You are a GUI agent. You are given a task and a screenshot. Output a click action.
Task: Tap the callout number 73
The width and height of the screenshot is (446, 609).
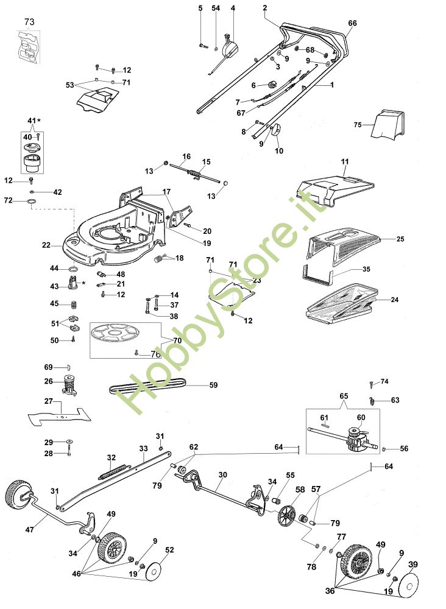click(x=29, y=22)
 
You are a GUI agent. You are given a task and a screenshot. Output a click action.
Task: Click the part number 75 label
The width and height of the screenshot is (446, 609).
click(x=358, y=125)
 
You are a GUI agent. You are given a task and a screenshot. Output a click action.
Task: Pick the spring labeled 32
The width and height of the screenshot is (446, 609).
click(x=111, y=471)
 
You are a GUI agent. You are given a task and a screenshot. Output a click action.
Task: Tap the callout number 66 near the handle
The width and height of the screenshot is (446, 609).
click(x=352, y=23)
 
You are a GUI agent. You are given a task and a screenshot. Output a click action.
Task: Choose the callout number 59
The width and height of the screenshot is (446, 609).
click(x=213, y=385)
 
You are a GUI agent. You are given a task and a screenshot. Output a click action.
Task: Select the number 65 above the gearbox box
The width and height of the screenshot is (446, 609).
click(x=344, y=396)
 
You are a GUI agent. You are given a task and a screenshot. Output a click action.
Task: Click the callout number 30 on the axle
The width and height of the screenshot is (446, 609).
click(x=222, y=474)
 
